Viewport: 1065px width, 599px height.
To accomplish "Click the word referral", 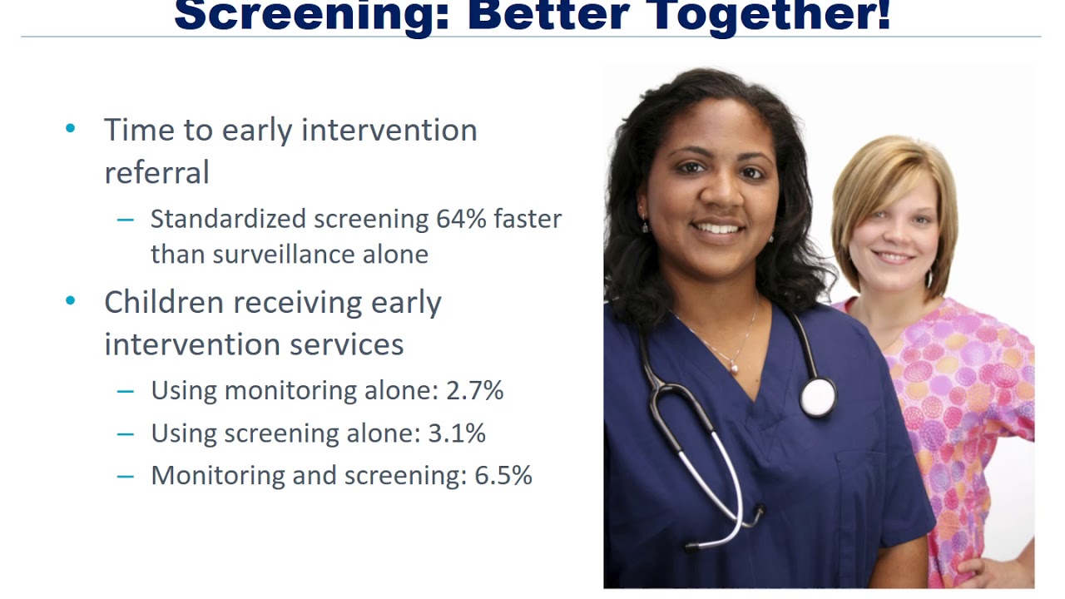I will (156, 172).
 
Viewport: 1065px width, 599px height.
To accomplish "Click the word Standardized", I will (228, 219).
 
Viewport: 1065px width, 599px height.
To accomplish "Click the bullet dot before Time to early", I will (70, 129).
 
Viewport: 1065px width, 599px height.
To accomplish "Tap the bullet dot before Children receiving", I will (70, 301).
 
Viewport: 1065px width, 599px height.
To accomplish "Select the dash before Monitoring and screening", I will (126, 476).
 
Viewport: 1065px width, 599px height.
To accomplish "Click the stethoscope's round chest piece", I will (818, 397).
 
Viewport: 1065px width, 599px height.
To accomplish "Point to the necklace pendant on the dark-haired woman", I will (735, 366).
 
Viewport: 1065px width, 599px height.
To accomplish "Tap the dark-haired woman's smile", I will (718, 227).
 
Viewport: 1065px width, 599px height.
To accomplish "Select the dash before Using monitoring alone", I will (126, 391).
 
